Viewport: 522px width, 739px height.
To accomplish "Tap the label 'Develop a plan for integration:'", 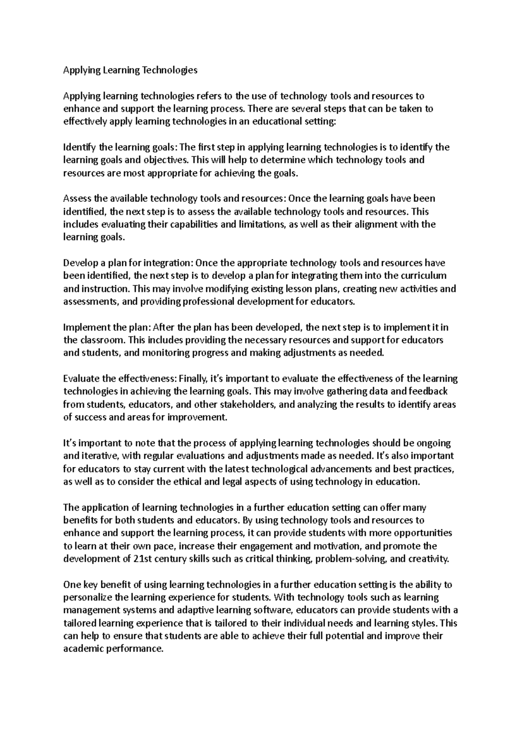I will point(128,263).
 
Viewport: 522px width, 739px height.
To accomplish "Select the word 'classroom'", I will point(101,340).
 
